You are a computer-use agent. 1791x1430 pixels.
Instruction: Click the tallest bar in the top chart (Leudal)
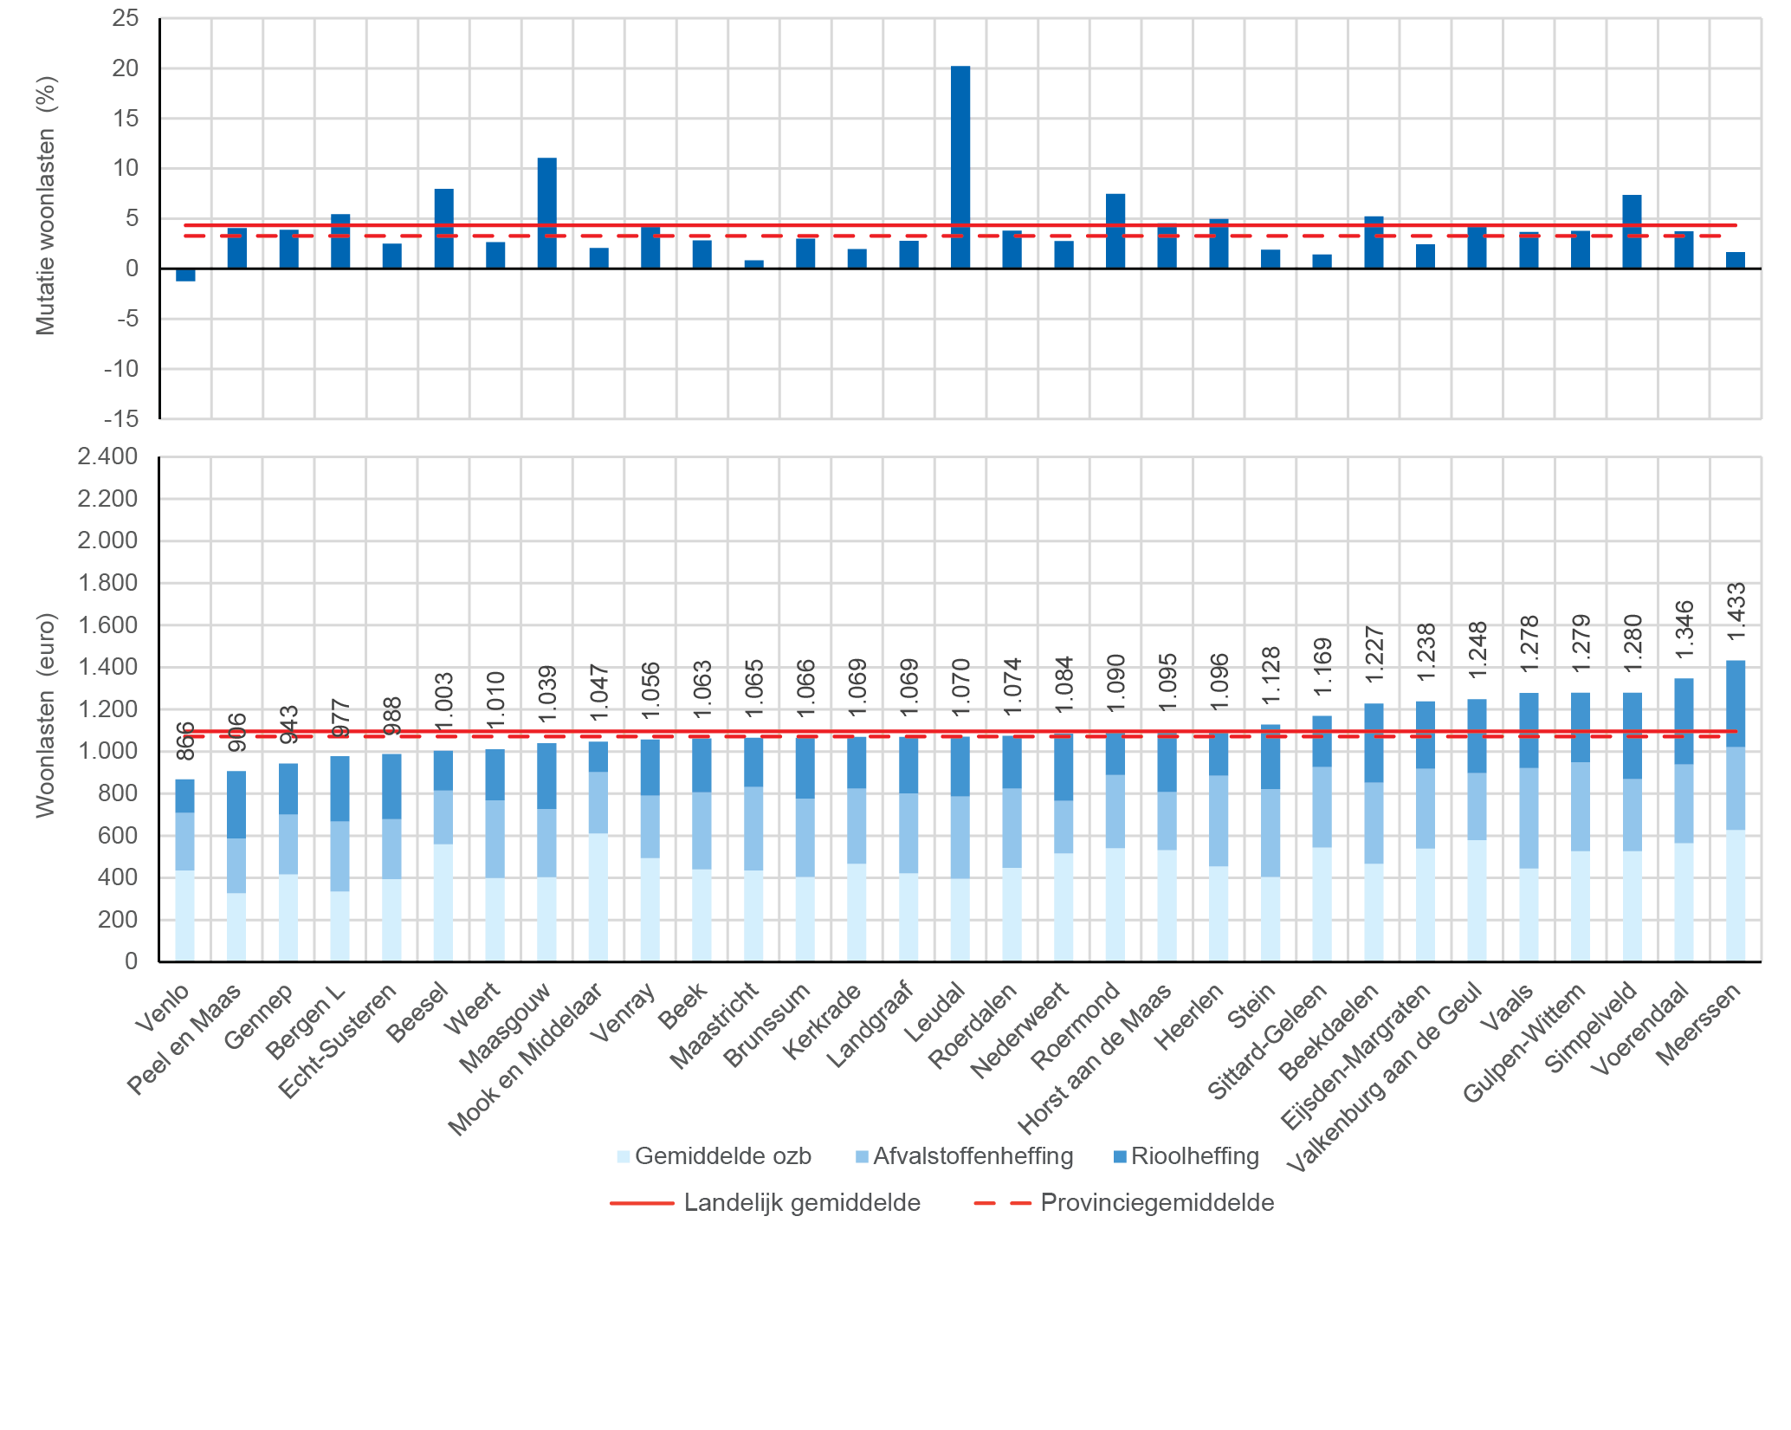[960, 166]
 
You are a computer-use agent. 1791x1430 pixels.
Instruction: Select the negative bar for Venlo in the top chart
[185, 275]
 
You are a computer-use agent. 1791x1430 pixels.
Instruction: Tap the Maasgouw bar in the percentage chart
[546, 212]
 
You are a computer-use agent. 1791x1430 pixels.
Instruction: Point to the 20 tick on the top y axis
[126, 68]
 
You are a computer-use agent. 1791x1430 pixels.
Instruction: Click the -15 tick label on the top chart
[121, 419]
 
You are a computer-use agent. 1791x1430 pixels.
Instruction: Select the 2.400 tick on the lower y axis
[107, 456]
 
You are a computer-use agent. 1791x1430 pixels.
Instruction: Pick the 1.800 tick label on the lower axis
[107, 583]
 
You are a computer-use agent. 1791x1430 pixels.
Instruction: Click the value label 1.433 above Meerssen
[1736, 611]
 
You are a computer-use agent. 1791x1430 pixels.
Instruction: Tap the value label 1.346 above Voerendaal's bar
[1684, 630]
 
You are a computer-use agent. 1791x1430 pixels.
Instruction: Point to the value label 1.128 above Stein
[1271, 676]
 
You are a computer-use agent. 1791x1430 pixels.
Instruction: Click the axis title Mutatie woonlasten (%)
[45, 205]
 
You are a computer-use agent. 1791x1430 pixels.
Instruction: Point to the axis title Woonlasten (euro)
[45, 715]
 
